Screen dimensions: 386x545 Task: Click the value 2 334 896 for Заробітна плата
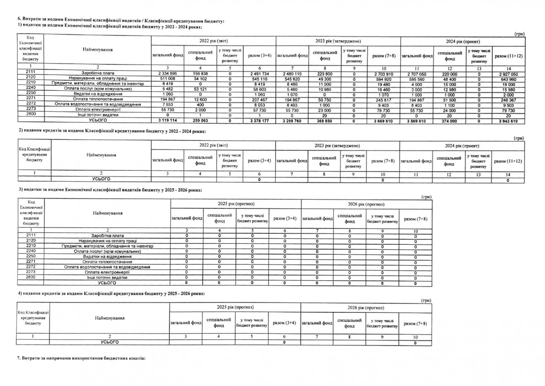point(167,73)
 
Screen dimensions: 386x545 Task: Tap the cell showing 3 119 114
point(167,121)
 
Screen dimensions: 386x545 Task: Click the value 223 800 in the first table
point(324,73)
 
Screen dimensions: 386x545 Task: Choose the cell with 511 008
point(167,79)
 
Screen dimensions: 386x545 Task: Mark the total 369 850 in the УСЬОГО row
point(324,121)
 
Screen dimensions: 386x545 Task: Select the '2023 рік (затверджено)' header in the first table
point(337,41)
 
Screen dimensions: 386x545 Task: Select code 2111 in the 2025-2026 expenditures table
point(31,235)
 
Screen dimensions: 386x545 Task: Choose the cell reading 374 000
point(450,121)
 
